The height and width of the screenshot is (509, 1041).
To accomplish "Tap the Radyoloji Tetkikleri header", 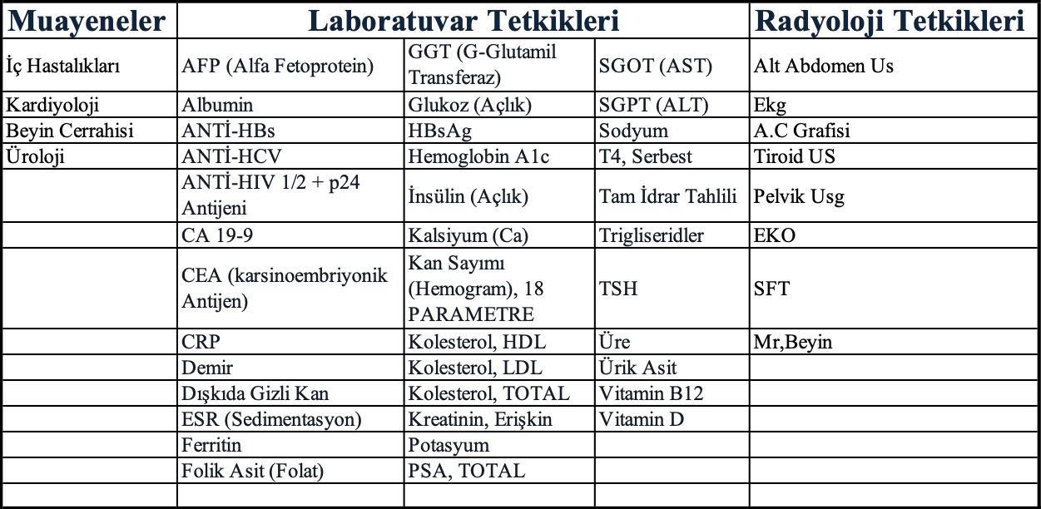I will coord(894,22).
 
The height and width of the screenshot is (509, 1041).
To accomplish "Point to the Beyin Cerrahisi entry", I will coord(70,131).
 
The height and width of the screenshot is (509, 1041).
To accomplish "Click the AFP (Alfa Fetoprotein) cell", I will coord(278,67).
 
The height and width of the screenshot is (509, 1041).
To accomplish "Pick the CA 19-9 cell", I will coord(217,235).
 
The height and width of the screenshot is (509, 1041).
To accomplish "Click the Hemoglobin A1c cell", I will coord(478,156).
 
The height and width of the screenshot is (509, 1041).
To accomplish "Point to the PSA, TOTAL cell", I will coord(467,472).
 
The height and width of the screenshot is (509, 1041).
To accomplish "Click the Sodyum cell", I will coord(633,131).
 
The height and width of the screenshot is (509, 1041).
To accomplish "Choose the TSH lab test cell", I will coord(618,289).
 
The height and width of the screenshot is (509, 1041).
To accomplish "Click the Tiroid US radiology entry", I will coord(794,156).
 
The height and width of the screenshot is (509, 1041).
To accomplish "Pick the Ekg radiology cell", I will coord(770,106).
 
